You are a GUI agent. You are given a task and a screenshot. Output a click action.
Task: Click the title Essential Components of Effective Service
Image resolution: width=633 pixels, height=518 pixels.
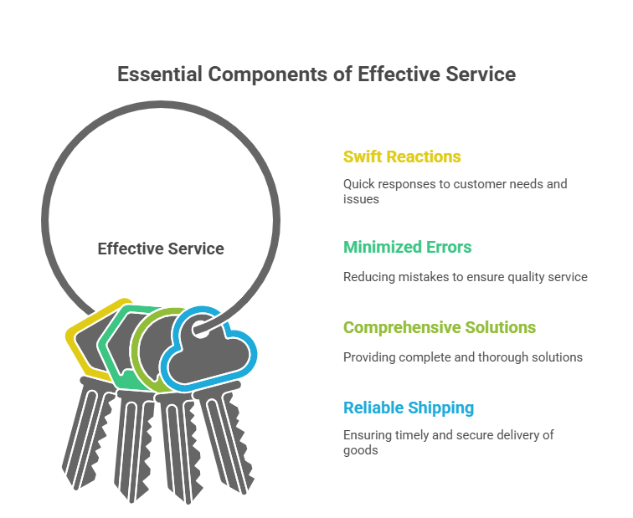tap(316, 74)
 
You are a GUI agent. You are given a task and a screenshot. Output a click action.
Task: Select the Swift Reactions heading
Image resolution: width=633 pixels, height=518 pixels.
tap(402, 156)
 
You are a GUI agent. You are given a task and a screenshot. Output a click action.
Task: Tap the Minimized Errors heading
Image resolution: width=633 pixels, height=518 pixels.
tap(407, 247)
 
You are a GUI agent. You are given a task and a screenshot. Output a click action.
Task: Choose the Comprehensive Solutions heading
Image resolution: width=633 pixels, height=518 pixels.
tap(440, 327)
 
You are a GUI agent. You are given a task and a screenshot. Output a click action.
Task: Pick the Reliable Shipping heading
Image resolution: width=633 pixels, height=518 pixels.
tap(409, 408)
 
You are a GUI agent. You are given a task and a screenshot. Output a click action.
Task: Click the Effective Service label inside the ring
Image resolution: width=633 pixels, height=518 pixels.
tap(161, 249)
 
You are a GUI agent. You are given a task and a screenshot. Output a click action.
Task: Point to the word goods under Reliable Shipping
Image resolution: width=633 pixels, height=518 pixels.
tap(361, 450)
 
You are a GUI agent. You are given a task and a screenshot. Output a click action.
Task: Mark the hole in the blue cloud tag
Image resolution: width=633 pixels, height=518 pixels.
tap(201, 329)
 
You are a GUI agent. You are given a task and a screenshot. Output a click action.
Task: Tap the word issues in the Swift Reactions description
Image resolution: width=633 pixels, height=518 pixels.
tap(361, 199)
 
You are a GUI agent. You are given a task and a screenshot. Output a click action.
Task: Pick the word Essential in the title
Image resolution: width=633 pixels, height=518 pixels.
tap(160, 74)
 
